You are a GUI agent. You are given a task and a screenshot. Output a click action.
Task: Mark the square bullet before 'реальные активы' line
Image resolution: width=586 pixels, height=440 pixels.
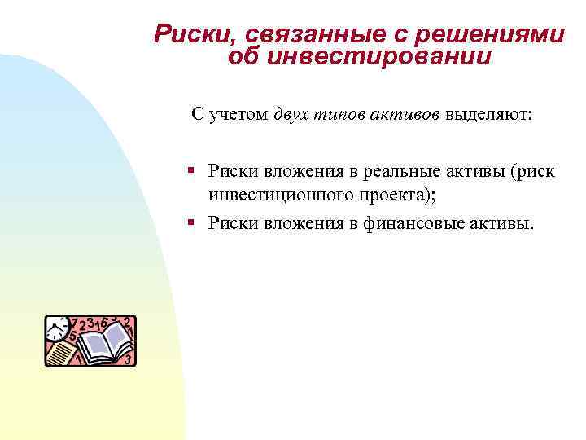[190, 169]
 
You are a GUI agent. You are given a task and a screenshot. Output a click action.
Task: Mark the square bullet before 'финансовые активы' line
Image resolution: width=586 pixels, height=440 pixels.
[190, 221]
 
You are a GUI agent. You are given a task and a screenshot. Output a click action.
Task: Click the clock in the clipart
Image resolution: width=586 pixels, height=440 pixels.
[57, 328]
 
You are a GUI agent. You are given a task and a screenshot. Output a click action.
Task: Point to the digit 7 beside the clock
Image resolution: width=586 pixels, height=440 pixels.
[75, 323]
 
